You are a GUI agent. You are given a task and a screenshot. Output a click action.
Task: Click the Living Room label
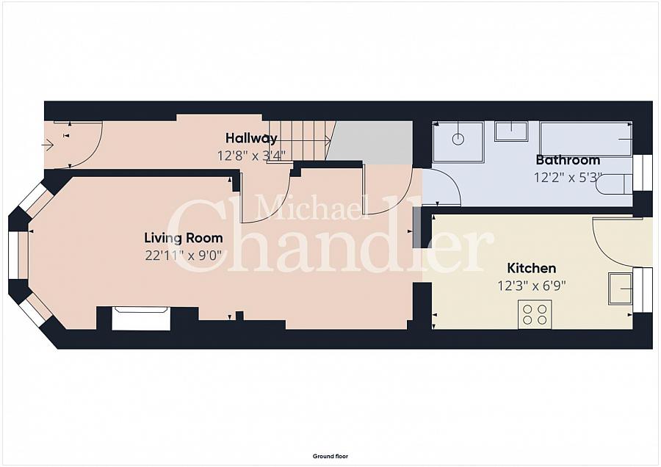click(x=183, y=238)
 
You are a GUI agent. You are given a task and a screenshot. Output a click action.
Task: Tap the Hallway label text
click(x=251, y=138)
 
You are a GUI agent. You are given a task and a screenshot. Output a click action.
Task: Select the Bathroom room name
click(x=568, y=160)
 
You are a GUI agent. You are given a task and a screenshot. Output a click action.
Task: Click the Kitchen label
click(x=532, y=268)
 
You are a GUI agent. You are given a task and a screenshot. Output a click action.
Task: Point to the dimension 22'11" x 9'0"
click(x=183, y=256)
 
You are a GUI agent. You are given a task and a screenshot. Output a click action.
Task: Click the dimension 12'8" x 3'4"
click(x=251, y=156)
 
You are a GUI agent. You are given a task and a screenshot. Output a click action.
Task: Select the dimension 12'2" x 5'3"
click(x=568, y=178)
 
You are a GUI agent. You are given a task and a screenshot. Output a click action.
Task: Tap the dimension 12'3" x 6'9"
click(x=532, y=286)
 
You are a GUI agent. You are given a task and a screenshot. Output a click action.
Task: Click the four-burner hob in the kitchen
click(x=534, y=314)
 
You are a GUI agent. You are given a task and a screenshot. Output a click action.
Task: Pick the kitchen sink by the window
click(x=620, y=288)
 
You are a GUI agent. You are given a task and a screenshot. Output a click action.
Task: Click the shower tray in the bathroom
click(x=458, y=142)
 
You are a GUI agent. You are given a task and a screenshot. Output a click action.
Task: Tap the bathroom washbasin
click(x=510, y=131)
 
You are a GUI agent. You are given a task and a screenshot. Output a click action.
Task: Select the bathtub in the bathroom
click(x=585, y=139)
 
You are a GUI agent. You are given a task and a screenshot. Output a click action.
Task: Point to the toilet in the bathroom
click(x=613, y=184)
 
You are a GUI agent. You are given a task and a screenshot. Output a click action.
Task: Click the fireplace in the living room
click(x=140, y=319)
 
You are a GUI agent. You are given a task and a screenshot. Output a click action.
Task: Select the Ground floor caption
click(x=330, y=457)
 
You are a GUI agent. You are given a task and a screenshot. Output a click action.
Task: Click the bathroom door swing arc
click(x=443, y=187)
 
